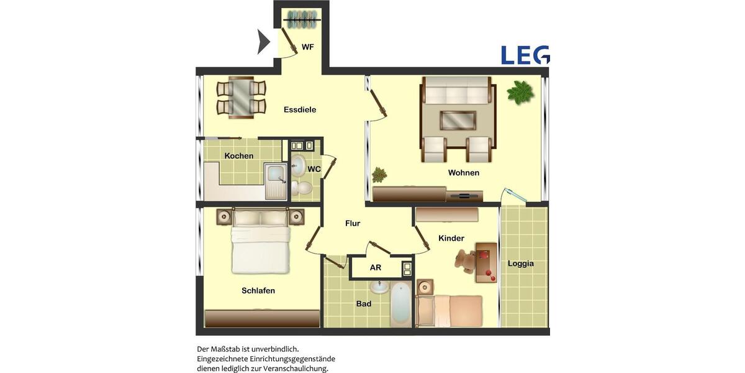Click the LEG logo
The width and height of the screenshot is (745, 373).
(525, 55)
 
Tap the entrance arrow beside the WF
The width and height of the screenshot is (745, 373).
(263, 42)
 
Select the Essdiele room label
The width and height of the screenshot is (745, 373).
(300, 109)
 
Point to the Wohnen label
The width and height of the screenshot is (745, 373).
(464, 173)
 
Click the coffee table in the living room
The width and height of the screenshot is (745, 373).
(458, 119)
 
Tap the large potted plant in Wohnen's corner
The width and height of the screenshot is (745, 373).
(520, 93)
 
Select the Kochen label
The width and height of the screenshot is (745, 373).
(239, 155)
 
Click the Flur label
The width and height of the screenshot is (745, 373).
(353, 223)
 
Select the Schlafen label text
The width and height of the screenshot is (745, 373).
(258, 290)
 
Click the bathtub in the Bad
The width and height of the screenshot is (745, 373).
(400, 302)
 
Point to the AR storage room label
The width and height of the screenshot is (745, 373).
(376, 268)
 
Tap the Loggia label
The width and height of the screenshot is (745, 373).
(520, 263)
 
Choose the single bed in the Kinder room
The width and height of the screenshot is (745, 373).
(449, 310)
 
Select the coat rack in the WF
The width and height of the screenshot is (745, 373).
(301, 20)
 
